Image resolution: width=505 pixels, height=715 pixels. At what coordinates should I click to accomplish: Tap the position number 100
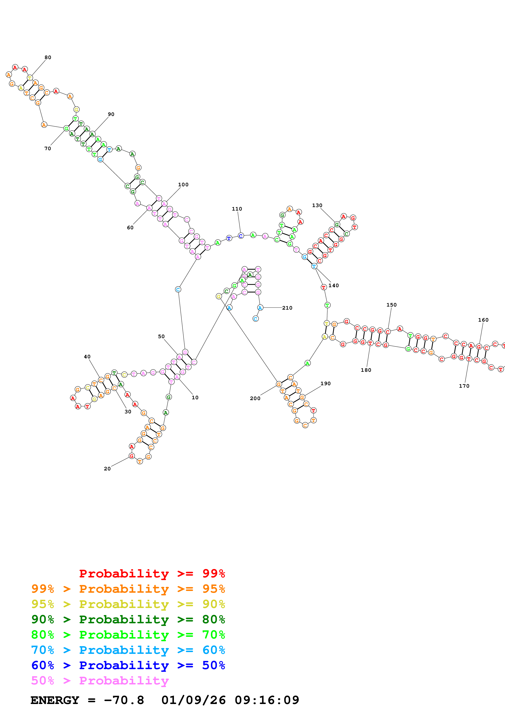pos(183,184)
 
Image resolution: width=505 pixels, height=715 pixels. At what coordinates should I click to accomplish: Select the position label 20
pos(107,469)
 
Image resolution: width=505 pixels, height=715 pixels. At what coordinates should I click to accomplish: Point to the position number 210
pos(287,308)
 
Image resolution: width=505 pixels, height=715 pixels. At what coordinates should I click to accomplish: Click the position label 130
pos(317,205)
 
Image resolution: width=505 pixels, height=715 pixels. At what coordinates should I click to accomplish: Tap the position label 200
pos(255,398)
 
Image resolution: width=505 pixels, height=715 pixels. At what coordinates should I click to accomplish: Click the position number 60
pos(130,228)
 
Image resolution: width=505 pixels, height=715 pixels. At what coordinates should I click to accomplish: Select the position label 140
pos(333,285)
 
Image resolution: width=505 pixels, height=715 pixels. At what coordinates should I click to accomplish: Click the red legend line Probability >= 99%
pos(152,573)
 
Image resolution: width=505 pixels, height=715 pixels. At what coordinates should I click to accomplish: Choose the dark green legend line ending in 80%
pos(128,619)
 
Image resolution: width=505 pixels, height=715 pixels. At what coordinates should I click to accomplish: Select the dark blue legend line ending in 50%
pos(128,665)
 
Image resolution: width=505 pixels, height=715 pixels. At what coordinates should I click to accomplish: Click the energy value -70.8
pos(124,700)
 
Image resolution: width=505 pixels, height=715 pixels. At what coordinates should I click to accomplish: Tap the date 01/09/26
pos(193,700)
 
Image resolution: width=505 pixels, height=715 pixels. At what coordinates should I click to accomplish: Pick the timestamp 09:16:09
pos(267,700)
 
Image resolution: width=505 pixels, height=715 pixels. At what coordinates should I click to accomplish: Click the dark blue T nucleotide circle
pos(229,238)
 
